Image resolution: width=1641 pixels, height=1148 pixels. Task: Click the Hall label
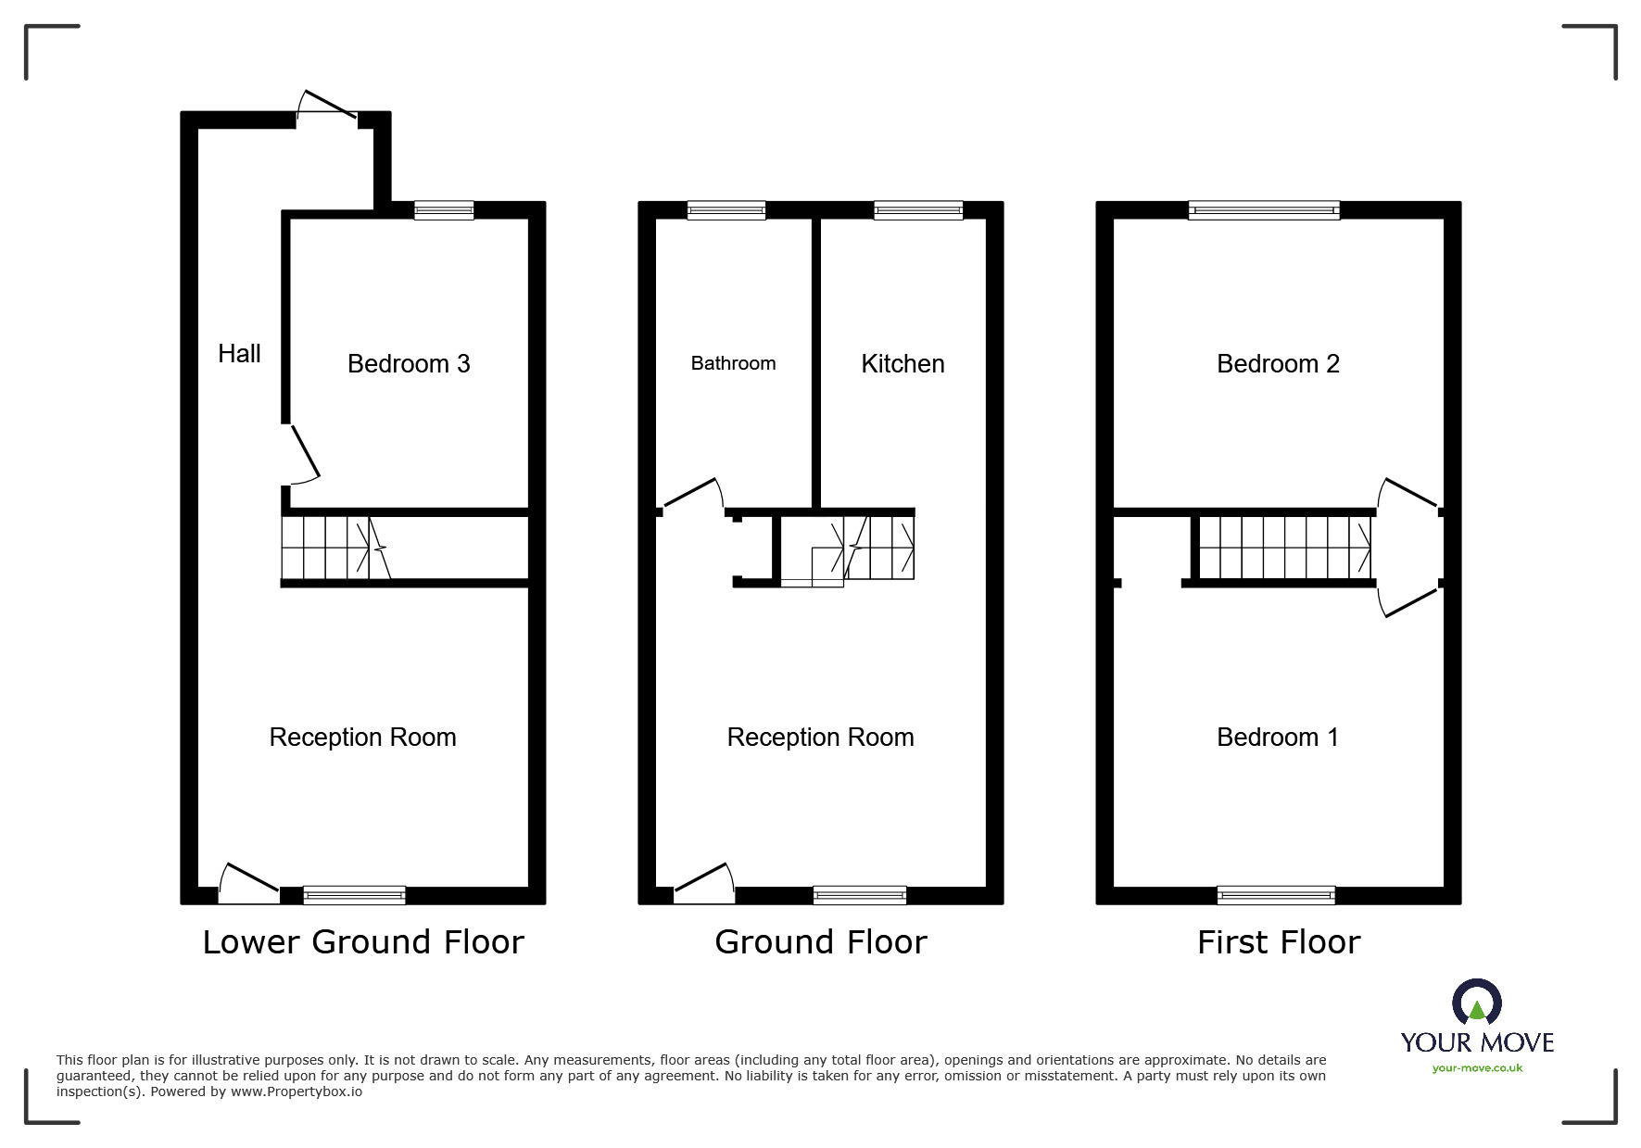[x=239, y=353]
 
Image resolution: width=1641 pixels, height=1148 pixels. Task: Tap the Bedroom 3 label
[x=409, y=363]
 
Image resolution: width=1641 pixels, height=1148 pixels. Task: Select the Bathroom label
[x=733, y=363]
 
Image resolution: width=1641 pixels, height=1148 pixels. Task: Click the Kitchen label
[x=903, y=363]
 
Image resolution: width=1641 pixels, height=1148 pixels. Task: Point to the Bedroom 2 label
[x=1278, y=363]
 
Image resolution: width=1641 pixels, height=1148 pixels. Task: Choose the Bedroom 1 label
[x=1278, y=737]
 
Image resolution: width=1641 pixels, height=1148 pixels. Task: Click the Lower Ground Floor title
[x=363, y=942]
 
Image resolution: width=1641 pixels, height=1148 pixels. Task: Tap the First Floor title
[x=1278, y=942]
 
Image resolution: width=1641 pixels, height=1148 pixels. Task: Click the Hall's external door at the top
[x=327, y=105]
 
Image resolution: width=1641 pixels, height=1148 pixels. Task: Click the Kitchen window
[x=918, y=210]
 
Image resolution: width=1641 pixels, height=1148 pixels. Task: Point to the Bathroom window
[x=726, y=210]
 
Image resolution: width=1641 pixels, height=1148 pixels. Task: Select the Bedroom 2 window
[x=1264, y=210]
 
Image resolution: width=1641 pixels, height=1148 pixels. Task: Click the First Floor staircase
[x=1284, y=547]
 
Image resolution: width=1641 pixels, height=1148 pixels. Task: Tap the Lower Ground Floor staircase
[x=334, y=547]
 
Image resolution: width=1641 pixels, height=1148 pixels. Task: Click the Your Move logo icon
[x=1477, y=1003]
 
